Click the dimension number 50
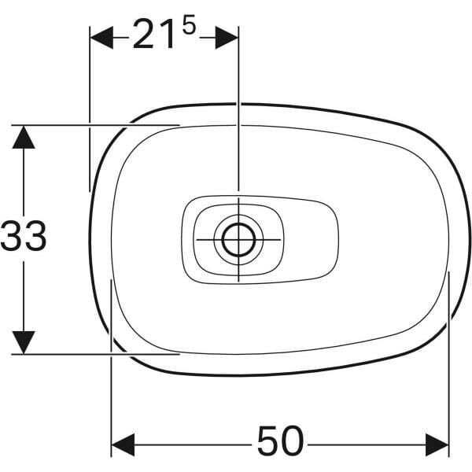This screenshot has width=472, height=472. (280, 443)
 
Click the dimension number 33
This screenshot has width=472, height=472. (24, 237)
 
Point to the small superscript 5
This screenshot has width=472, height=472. (189, 26)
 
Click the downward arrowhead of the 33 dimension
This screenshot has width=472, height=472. (24, 341)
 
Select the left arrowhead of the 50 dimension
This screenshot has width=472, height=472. (122, 444)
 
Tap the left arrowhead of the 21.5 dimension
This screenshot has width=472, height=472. (101, 36)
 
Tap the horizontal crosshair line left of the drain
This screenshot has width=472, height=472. (206, 238)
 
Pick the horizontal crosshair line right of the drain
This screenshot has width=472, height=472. (269, 238)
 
